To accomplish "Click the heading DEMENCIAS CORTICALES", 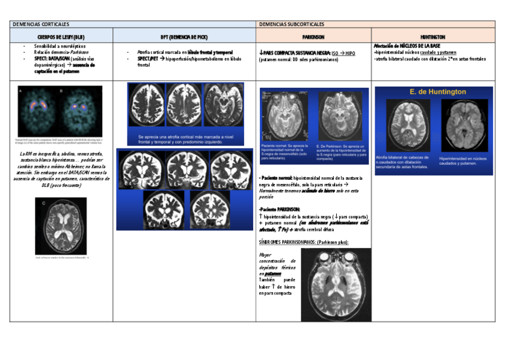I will [41, 24].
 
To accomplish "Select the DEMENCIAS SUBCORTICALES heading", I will [292, 24].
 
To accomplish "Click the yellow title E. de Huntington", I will [433, 92].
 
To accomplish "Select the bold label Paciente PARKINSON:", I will [281, 210].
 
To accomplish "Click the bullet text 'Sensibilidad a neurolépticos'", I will [60, 46].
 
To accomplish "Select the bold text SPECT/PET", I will [147, 59].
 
